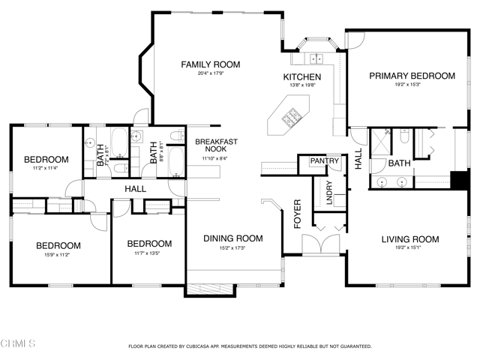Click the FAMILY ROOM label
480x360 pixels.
pos(209,64)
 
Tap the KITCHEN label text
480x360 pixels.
pos(301,77)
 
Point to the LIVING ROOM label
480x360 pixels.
pos(409,240)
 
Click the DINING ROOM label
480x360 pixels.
pos(233,238)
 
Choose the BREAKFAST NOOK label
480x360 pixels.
pos(217,145)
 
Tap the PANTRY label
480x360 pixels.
pos(325,160)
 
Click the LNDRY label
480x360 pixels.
pos(327,192)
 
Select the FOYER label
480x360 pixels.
pos(297,214)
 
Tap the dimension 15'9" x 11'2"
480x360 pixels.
pos(59,254)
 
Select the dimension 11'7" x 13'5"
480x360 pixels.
pos(148,253)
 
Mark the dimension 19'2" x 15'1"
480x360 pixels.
pos(409,249)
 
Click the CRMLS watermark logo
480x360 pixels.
pos(19,344)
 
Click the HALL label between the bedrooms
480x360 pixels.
pos(135,189)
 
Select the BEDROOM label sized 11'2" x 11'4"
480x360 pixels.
pos(46,159)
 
